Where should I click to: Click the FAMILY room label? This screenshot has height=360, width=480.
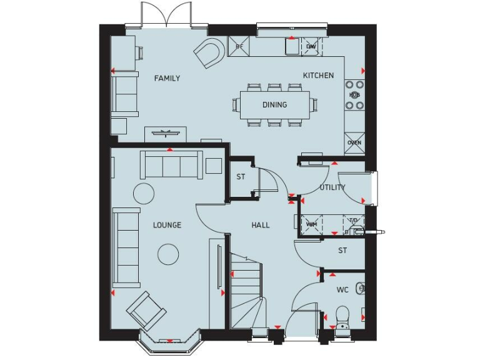[167, 78]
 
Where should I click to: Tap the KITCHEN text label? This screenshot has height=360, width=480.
[318, 76]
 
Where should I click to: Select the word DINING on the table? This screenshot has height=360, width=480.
[274, 104]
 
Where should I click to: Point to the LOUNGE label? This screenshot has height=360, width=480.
[167, 225]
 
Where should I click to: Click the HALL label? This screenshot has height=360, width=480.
[261, 225]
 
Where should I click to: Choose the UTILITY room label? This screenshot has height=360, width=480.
[332, 187]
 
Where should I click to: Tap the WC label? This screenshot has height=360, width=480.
[342, 290]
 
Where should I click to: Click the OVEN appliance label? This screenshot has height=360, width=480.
[354, 142]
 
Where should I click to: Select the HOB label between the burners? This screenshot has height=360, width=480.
[354, 95]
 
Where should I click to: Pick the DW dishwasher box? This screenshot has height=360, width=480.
[311, 46]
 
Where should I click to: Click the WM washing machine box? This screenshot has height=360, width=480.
[311, 224]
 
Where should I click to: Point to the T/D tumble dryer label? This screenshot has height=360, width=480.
[353, 221]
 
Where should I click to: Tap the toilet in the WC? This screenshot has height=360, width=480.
[342, 315]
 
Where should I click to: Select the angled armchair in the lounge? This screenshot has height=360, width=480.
[146, 310]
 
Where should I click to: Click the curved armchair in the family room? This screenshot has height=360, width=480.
[209, 52]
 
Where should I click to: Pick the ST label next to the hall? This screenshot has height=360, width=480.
[241, 177]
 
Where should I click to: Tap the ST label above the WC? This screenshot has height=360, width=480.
[342, 251]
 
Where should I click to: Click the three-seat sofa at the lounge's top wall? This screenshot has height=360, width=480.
[171, 165]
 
